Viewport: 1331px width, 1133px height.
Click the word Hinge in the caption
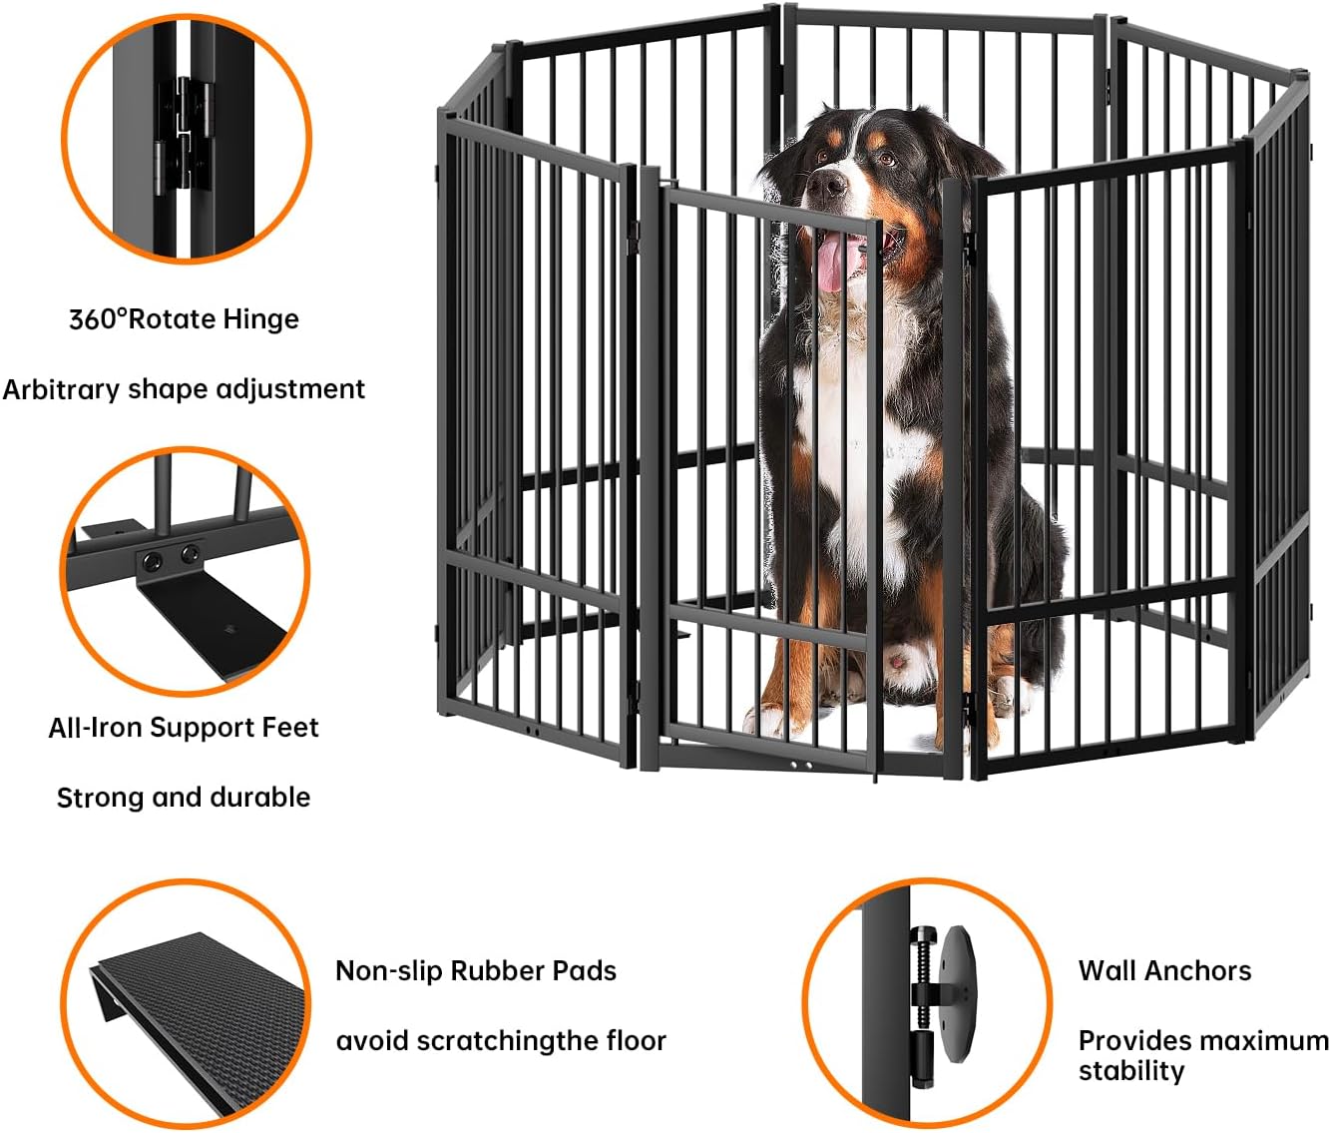[x=260, y=319]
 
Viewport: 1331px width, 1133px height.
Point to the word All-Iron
[x=94, y=728]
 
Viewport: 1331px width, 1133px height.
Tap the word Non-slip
[x=389, y=971]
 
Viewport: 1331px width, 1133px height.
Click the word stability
[x=1131, y=1071]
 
